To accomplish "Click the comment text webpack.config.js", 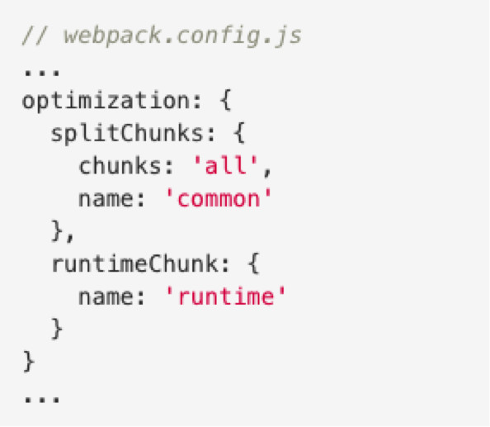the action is pos(182,36).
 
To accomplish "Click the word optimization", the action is pos(106,100).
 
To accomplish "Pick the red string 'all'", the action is pos(226,165).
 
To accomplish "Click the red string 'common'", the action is pos(218,198).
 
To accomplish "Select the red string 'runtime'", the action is pos(225,296).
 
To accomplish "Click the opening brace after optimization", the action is pos(226,100).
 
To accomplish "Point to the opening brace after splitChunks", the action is pos(239,133).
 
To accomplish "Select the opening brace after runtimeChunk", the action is pos(254,263).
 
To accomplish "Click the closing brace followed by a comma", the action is pos(57,231).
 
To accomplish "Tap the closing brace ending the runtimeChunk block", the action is pos(57,329).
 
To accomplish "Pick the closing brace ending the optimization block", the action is pos(29,361).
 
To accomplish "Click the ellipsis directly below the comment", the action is pos(42,74).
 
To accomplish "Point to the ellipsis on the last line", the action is pos(42,399).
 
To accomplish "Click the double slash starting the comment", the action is pos(35,36).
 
